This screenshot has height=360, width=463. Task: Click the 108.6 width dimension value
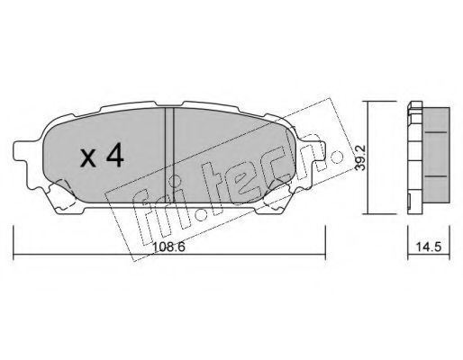click(x=169, y=247)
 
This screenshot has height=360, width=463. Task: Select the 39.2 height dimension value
click(x=359, y=157)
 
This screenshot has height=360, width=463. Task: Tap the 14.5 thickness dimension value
click(x=429, y=247)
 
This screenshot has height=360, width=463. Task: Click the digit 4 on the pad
click(x=113, y=155)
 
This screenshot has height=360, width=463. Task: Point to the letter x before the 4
click(x=88, y=158)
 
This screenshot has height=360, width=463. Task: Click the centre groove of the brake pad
click(x=169, y=155)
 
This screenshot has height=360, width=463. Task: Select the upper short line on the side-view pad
click(x=436, y=132)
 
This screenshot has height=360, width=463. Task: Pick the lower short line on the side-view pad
click(x=436, y=176)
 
